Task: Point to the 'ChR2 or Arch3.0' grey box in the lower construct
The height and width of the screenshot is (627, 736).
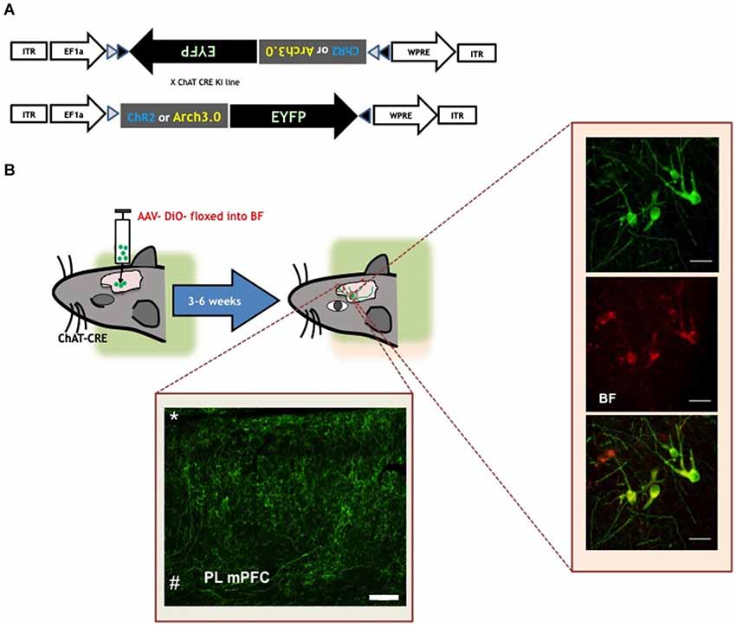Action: pos(174,113)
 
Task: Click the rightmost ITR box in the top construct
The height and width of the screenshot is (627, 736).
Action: pos(477,52)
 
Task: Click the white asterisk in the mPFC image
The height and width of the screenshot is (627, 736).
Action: pos(175,417)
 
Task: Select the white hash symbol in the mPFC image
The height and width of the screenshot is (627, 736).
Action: pos(174,583)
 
